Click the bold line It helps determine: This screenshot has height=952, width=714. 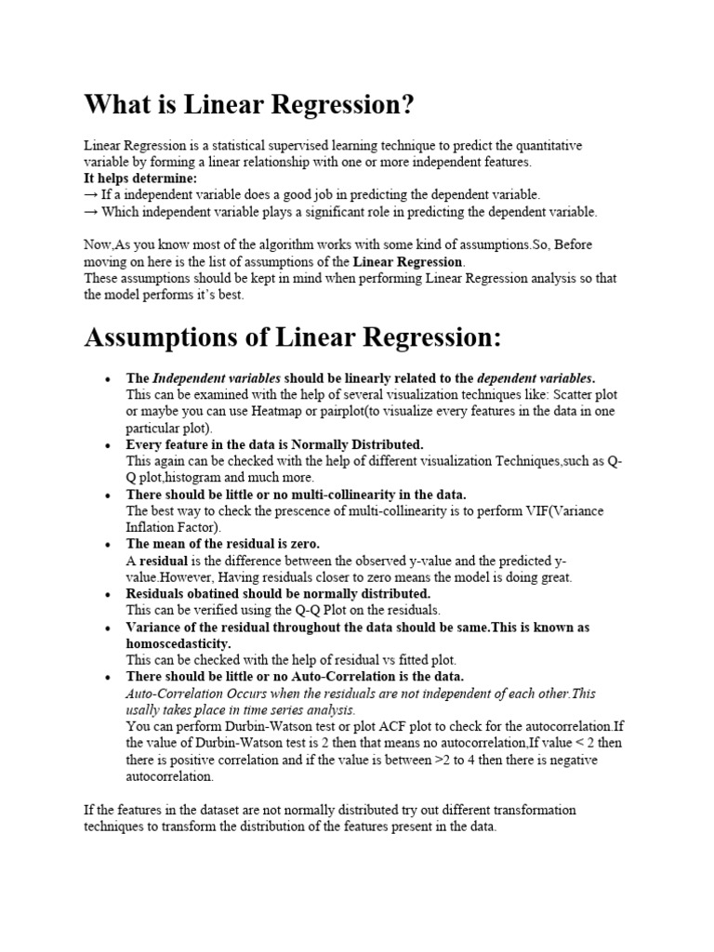[x=140, y=178]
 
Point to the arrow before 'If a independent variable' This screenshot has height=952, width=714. [x=91, y=194]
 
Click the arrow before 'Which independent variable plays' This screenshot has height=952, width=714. [x=91, y=211]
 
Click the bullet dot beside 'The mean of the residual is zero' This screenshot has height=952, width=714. [x=109, y=545]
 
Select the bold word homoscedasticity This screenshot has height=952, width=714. [x=178, y=643]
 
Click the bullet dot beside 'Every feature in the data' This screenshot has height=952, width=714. [x=109, y=445]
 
